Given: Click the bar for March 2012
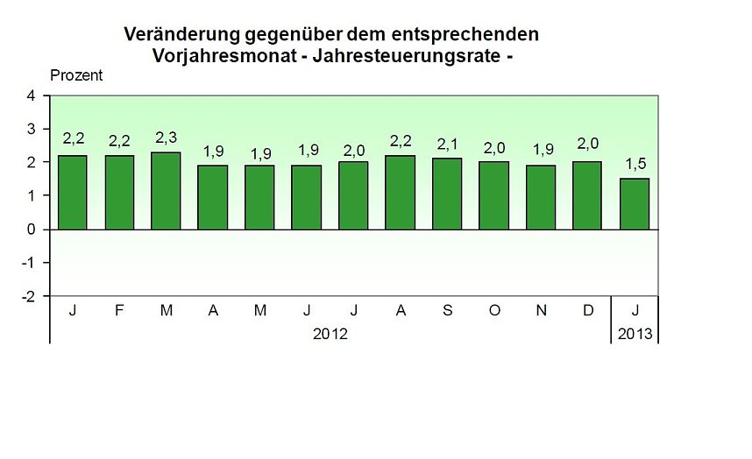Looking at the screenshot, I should pyautogui.click(x=167, y=191).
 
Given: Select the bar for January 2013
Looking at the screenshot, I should pyautogui.click(x=635, y=204).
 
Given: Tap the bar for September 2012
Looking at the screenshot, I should pyautogui.click(x=448, y=194).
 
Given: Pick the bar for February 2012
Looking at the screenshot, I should pyautogui.click(x=120, y=192).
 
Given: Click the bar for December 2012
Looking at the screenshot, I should pyautogui.click(x=588, y=195).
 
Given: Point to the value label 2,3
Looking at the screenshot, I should pyautogui.click(x=167, y=138).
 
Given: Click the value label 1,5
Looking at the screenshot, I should pyautogui.click(x=635, y=164).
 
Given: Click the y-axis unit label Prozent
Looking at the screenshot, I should pyautogui.click(x=76, y=75).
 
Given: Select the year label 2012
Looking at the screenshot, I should pyautogui.click(x=330, y=334).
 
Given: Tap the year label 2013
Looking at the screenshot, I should pyautogui.click(x=635, y=334).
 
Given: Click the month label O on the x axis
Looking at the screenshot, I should pyautogui.click(x=494, y=311).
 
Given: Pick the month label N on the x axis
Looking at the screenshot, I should pyautogui.click(x=541, y=311).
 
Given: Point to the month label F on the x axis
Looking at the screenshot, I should pyautogui.click(x=120, y=311).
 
